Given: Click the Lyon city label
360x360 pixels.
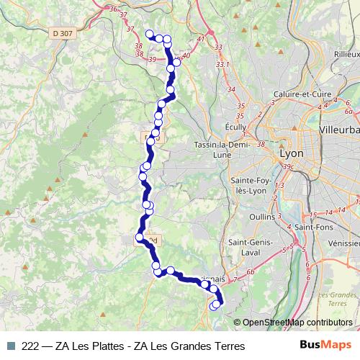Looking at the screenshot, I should tap(291, 154).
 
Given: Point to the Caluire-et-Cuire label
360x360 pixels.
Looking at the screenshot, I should tap(302, 94).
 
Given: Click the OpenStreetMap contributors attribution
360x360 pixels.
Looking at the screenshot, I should tap(297, 323).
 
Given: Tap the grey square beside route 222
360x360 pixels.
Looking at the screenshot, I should tap(10, 346).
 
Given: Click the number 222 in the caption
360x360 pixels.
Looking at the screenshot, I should tap(31, 346).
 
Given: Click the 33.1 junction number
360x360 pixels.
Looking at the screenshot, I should tap(222, 65).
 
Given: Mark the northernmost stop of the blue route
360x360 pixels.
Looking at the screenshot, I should tap(150, 33).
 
